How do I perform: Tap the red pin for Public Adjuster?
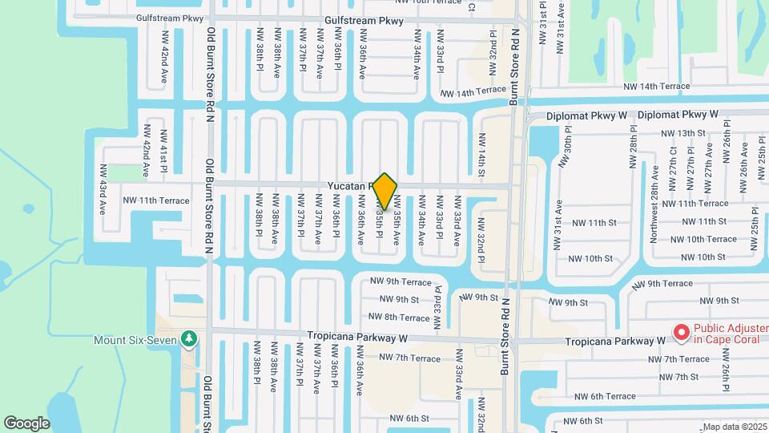tap(682, 330)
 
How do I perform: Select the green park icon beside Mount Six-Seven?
tap(189, 339)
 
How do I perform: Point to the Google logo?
tap(26, 423)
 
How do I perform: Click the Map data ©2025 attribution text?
tap(735, 427)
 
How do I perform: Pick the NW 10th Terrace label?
tap(703, 239)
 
